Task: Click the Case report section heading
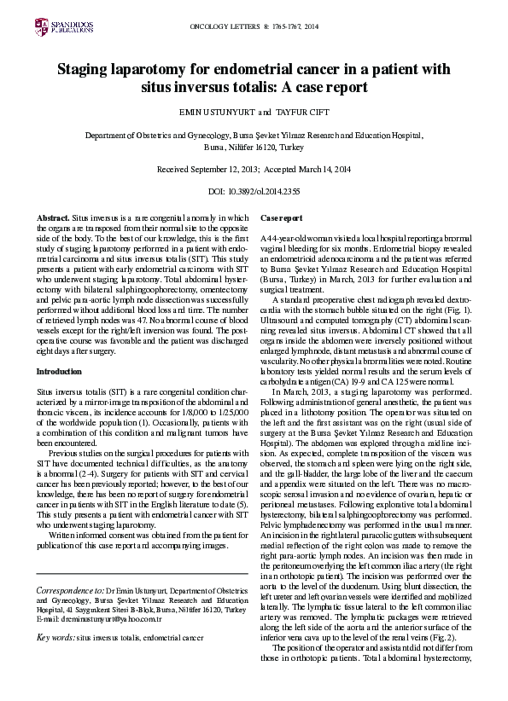coord(281,219)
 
